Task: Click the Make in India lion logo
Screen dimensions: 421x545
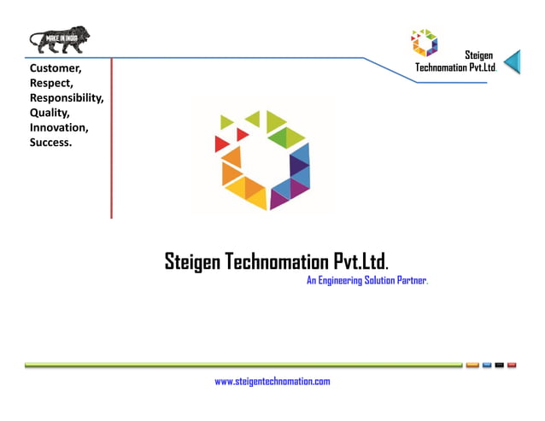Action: pyautogui.click(x=59, y=39)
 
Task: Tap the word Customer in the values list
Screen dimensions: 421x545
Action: pyautogui.click(x=56, y=67)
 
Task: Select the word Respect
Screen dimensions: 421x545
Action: pyautogui.click(x=51, y=82)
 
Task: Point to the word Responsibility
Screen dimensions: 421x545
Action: pyautogui.click(x=67, y=97)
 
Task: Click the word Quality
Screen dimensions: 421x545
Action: pyautogui.click(x=50, y=113)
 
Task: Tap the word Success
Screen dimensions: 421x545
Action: pyautogui.click(x=50, y=143)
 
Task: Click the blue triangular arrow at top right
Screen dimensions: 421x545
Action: pyautogui.click(x=512, y=61)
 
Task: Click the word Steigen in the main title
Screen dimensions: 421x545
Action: pyautogui.click(x=192, y=261)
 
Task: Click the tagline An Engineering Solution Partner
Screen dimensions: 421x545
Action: pyautogui.click(x=366, y=281)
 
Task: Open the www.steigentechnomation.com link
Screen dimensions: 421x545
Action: pyautogui.click(x=272, y=382)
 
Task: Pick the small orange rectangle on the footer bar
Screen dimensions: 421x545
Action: pyautogui.click(x=472, y=365)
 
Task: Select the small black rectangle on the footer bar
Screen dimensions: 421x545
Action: pyautogui.click(x=499, y=365)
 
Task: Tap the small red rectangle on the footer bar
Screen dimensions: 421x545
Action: pyautogui.click(x=512, y=365)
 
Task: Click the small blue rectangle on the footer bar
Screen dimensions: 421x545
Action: pyautogui.click(x=485, y=365)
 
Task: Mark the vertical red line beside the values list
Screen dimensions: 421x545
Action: pyautogui.click(x=111, y=137)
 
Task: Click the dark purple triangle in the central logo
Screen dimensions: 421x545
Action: pyautogui.click(x=298, y=164)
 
